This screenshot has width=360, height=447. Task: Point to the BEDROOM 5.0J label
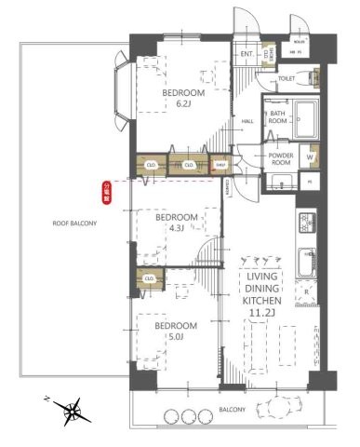click(175, 331)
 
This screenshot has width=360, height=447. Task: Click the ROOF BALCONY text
click(74, 223)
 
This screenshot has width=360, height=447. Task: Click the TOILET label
click(287, 79)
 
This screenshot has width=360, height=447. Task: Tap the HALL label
click(248, 121)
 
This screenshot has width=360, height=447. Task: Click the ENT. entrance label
click(247, 54)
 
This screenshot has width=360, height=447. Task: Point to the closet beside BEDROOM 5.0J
click(149, 278)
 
